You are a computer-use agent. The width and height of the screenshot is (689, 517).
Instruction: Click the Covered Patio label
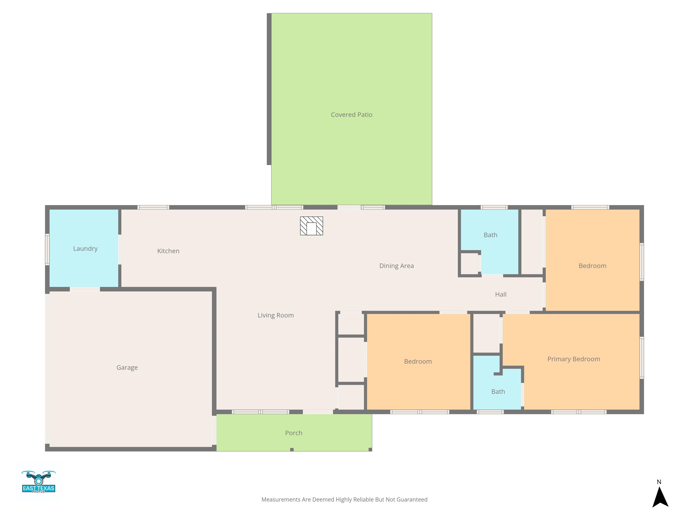[x=351, y=115]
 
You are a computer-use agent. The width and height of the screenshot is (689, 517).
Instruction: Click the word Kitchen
[x=168, y=251]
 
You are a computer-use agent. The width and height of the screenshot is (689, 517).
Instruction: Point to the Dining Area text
[x=396, y=266]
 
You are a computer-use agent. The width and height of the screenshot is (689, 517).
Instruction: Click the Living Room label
[x=275, y=315]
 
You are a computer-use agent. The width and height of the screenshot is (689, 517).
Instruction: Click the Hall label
[x=501, y=294]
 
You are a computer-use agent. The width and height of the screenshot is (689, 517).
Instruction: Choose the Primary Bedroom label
[x=573, y=359]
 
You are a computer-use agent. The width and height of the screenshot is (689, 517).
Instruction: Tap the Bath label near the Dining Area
[x=490, y=235]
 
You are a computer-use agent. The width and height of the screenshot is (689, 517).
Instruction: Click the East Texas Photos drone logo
[x=39, y=482]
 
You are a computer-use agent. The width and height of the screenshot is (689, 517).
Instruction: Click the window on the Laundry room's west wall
[x=47, y=249]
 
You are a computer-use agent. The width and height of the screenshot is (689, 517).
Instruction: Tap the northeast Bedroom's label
[x=592, y=266]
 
